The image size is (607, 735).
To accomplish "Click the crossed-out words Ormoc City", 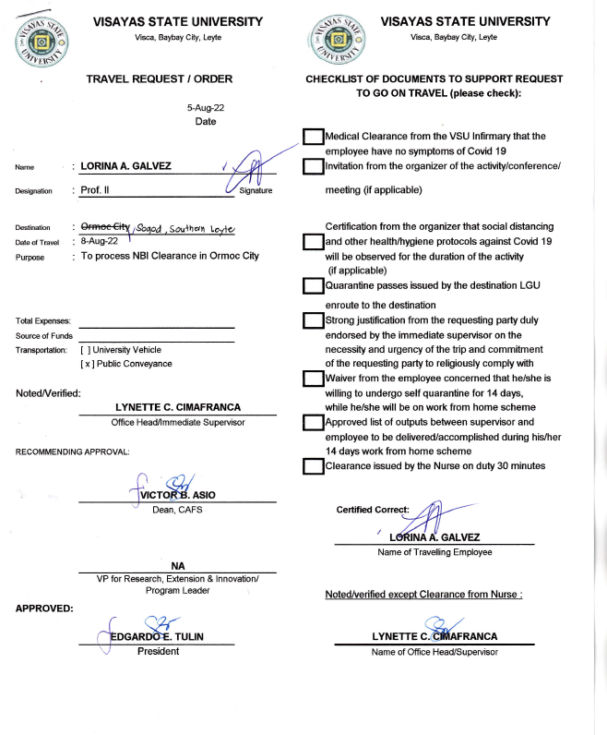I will [x=106, y=227].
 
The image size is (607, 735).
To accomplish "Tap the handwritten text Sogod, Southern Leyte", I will [x=186, y=229].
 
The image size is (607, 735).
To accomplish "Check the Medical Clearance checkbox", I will [x=314, y=138].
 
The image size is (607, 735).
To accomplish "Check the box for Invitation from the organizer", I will [x=314, y=166].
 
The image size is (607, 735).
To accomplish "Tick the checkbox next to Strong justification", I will [x=314, y=320].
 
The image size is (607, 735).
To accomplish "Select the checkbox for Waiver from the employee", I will [x=314, y=379].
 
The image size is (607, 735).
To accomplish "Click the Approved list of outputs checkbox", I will [x=314, y=423].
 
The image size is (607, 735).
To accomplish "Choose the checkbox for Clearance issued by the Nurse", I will [x=314, y=466].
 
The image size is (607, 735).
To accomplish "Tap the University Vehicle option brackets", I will [x=87, y=350].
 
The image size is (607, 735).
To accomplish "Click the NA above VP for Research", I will [x=178, y=565].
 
